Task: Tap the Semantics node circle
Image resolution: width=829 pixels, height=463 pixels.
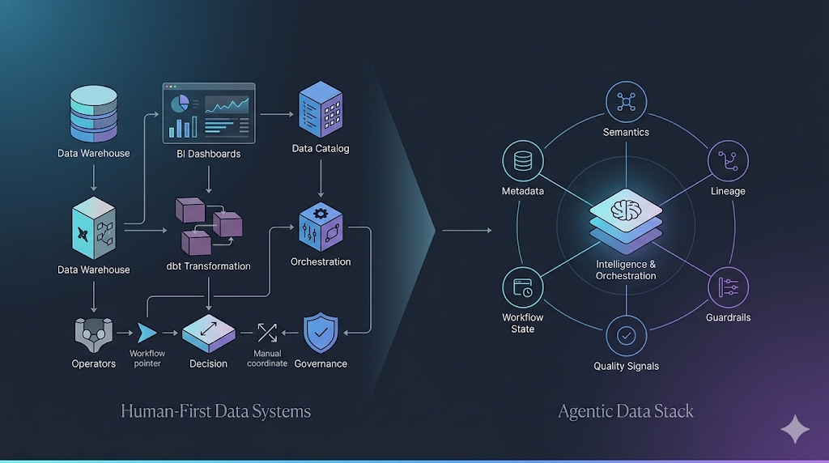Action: [x=626, y=101]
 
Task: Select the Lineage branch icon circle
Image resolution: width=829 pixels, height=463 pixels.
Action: [x=728, y=161]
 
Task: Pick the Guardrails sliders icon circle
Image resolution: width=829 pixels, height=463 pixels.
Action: [x=728, y=287]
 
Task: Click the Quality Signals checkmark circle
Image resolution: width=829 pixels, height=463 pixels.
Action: [x=626, y=335]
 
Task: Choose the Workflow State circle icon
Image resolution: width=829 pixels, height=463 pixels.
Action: [x=522, y=287]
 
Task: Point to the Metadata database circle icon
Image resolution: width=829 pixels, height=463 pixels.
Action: [x=522, y=161]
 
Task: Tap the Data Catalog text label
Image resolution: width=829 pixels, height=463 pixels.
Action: [x=321, y=149]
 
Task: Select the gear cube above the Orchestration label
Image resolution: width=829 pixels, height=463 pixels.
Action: [x=321, y=226]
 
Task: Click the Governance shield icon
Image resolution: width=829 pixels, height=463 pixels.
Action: [x=321, y=332]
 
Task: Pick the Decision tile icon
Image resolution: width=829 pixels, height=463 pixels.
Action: [x=208, y=332]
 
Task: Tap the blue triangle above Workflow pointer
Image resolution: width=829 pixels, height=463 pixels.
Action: [x=147, y=333]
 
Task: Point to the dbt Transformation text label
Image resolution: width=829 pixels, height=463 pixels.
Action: [x=209, y=266]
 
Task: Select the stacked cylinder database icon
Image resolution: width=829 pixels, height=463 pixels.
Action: [x=93, y=113]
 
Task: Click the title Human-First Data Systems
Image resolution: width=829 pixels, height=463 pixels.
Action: [x=215, y=411]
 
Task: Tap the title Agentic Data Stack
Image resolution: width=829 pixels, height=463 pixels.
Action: [x=626, y=411]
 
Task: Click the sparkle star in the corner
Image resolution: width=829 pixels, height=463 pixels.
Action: [x=794, y=430]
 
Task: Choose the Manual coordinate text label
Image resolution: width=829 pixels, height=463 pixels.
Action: [x=267, y=359]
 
